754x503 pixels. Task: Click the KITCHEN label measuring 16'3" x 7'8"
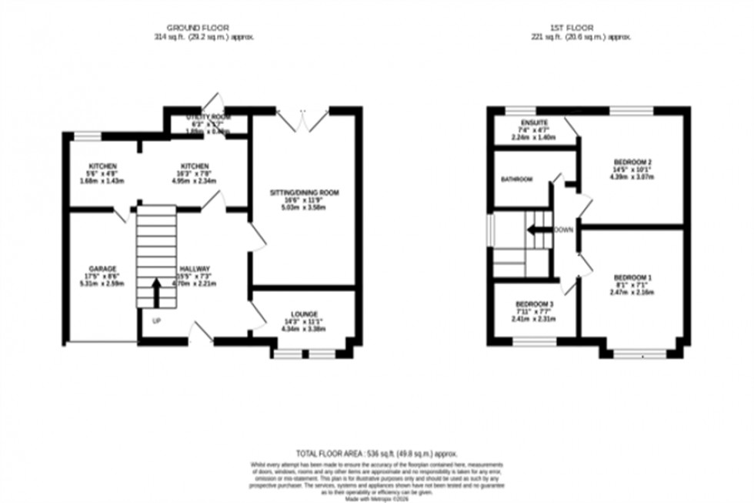point(195,166)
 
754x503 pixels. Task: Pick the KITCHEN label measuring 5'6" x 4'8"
point(102,166)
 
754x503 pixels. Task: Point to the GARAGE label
point(102,269)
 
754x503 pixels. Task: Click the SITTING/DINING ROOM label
point(304,192)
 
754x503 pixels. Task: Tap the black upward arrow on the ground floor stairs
point(156,292)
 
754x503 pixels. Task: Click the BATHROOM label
point(517,179)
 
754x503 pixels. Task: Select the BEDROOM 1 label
point(631,277)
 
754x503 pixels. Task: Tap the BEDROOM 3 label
point(534,303)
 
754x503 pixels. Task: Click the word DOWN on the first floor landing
point(564,230)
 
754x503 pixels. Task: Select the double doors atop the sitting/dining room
point(303,119)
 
